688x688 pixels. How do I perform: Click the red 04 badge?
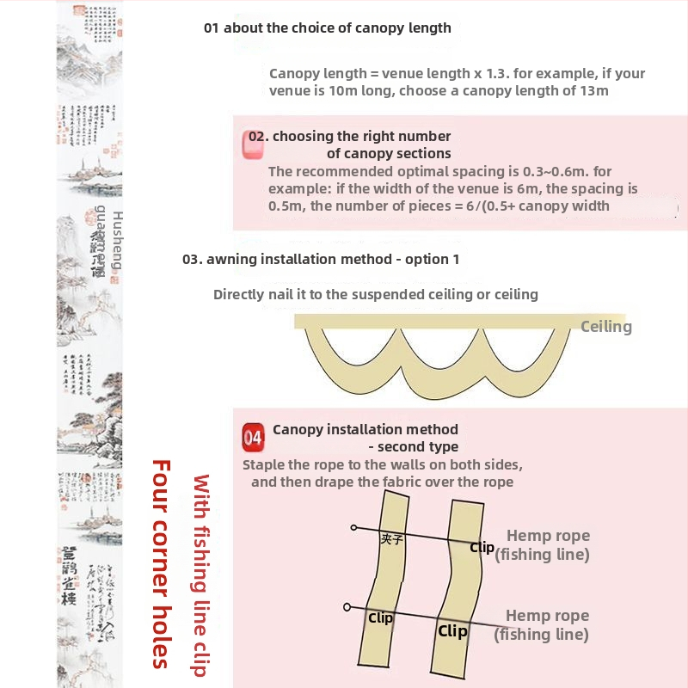253,437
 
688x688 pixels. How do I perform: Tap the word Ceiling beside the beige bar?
606,327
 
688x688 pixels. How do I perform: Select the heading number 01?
212,28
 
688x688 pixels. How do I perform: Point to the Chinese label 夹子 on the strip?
392,538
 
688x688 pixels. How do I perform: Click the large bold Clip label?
452,631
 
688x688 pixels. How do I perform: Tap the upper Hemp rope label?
548,536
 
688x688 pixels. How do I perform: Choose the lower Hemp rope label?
547,616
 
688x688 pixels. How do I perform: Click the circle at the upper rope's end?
353,526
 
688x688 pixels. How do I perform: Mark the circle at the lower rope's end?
347,606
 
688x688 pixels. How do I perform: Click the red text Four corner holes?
161,563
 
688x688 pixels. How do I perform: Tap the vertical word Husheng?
118,240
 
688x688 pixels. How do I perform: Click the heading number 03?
191,259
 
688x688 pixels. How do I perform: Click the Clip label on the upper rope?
482,547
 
